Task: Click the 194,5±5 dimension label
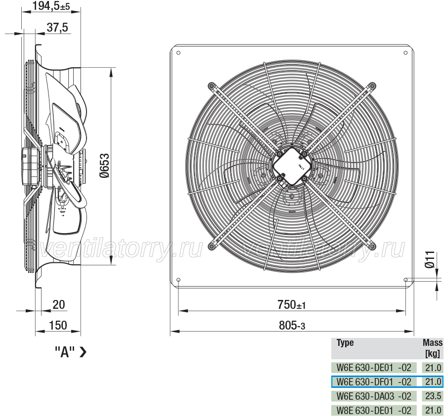point(51,5)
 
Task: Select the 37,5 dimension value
point(57,28)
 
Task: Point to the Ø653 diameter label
point(104,166)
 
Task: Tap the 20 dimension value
point(59,305)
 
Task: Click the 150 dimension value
point(58,326)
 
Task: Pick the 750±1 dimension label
point(291,305)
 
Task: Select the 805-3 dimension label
point(292,326)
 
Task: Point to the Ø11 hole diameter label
point(430,259)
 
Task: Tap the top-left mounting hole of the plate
point(178,53)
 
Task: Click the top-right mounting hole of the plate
point(405,53)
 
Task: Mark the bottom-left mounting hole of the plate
point(178,280)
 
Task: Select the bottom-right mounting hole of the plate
point(405,280)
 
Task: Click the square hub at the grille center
point(292,166)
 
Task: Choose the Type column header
point(345,343)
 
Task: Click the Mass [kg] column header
point(433,348)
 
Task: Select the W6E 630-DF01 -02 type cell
point(374,382)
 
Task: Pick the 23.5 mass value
point(433,396)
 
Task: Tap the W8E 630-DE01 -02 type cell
point(374,410)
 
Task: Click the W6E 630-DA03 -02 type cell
point(374,396)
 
